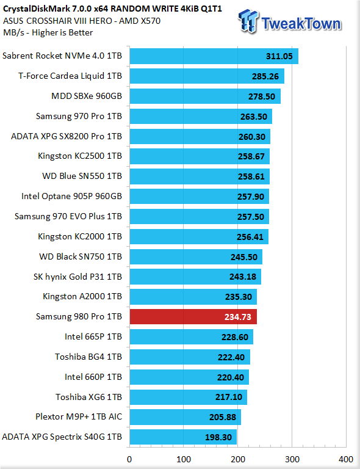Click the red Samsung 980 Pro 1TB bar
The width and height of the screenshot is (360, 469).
[x=193, y=317]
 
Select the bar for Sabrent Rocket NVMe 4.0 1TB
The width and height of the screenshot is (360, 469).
[x=214, y=56]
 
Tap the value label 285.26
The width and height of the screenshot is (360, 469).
[x=265, y=76]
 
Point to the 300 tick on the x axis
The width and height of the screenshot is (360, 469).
[x=292, y=459]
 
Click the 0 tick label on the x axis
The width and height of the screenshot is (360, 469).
[x=129, y=459]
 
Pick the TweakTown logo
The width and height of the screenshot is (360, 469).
[x=289, y=21]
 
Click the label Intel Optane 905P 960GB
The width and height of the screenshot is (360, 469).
[x=72, y=196]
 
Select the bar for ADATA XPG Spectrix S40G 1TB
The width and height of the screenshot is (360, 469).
[x=183, y=437]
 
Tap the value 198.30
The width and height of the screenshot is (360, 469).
[x=218, y=437]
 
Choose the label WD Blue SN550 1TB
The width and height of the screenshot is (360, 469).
[x=82, y=176]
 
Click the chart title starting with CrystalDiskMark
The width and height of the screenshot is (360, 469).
[x=113, y=9]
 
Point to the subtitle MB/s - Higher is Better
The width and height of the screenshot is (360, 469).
[x=48, y=32]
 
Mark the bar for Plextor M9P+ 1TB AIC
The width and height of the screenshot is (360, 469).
[x=185, y=417]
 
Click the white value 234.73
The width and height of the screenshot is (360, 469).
[x=238, y=317]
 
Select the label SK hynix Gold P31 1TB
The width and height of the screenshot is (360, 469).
[x=77, y=277]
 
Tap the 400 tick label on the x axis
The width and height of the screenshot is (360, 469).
[x=346, y=459]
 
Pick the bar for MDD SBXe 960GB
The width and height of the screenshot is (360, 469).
[x=205, y=96]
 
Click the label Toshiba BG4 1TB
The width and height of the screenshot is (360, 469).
[x=88, y=357]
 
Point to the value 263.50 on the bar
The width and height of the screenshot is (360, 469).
[x=254, y=117]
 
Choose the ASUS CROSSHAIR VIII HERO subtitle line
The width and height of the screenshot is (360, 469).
[x=82, y=21]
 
